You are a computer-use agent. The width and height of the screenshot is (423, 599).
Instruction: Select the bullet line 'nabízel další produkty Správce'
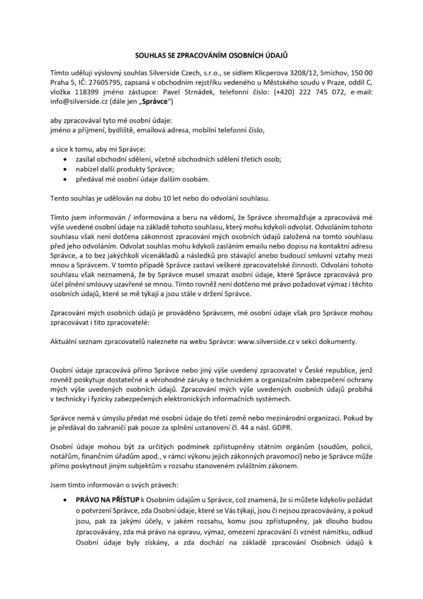point(122,169)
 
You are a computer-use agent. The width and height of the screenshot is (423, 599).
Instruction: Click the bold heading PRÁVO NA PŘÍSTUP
point(106,502)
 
